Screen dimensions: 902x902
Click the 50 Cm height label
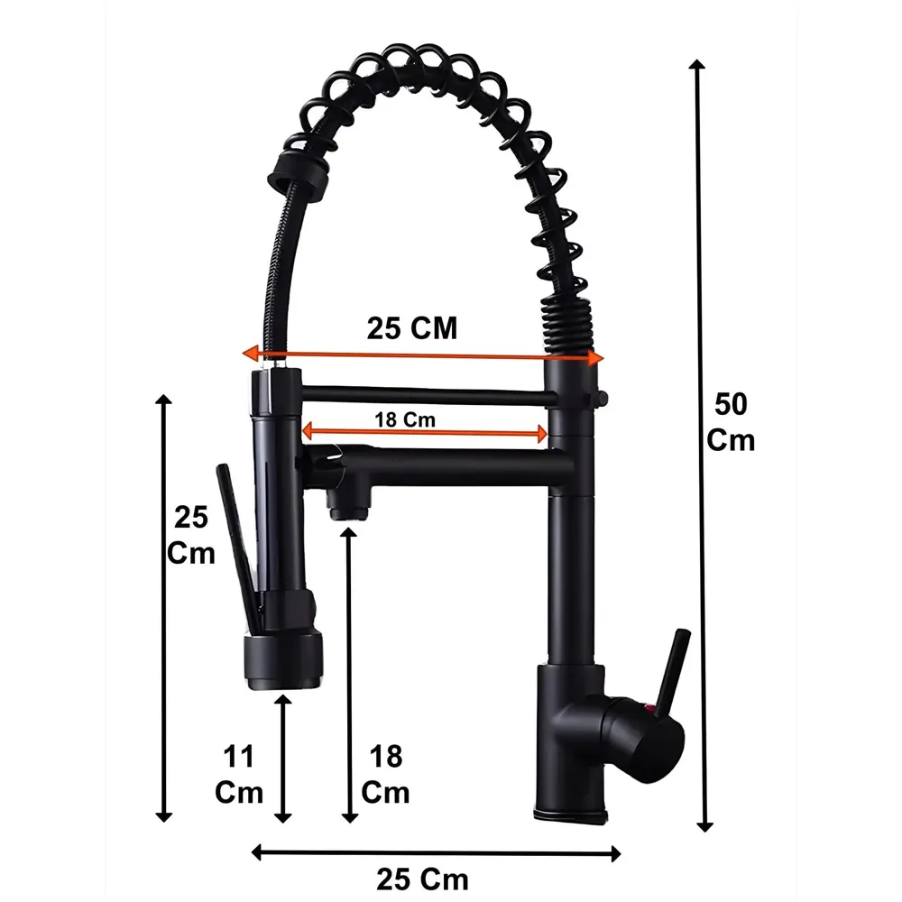[x=731, y=421]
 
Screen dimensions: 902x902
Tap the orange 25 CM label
[x=412, y=328]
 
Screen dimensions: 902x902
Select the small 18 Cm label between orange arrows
[x=405, y=419]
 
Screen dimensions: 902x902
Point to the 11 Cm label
[x=239, y=774]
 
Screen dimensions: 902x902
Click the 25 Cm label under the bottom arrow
[x=422, y=877]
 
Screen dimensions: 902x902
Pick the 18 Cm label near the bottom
[x=385, y=774]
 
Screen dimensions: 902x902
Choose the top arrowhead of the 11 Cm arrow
[x=283, y=702]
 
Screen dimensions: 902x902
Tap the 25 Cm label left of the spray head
[x=191, y=534]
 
